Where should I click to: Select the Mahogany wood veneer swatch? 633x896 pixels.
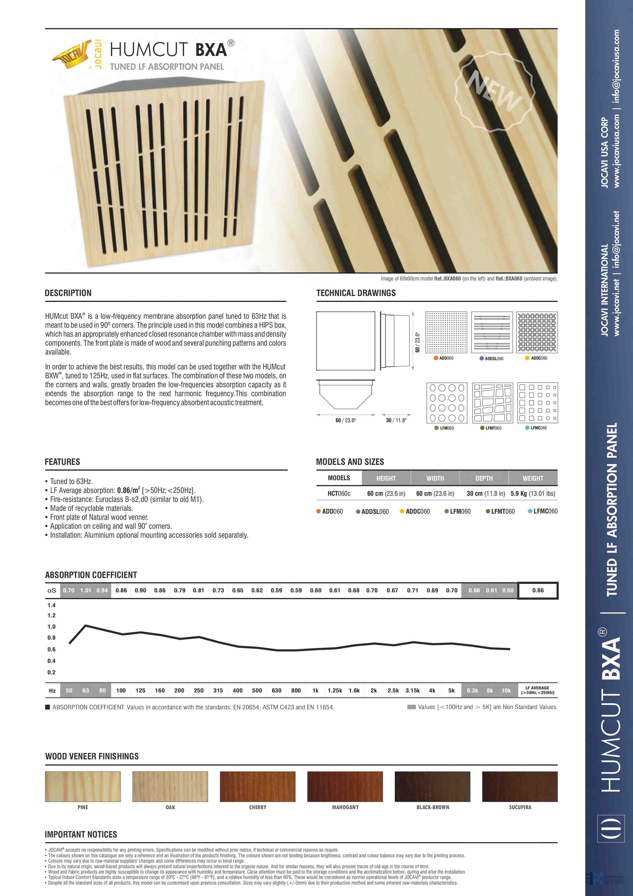[345, 786]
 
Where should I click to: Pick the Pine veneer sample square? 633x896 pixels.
[83, 786]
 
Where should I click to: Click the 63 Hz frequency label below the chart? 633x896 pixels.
[86, 690]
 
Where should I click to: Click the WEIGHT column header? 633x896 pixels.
[533, 478]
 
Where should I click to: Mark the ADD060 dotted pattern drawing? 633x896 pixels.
[446, 332]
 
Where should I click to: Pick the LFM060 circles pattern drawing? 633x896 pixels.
[447, 403]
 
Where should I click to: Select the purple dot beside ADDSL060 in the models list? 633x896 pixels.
[358, 512]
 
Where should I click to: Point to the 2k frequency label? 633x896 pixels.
[374, 690]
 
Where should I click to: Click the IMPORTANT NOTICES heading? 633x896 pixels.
[81, 834]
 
